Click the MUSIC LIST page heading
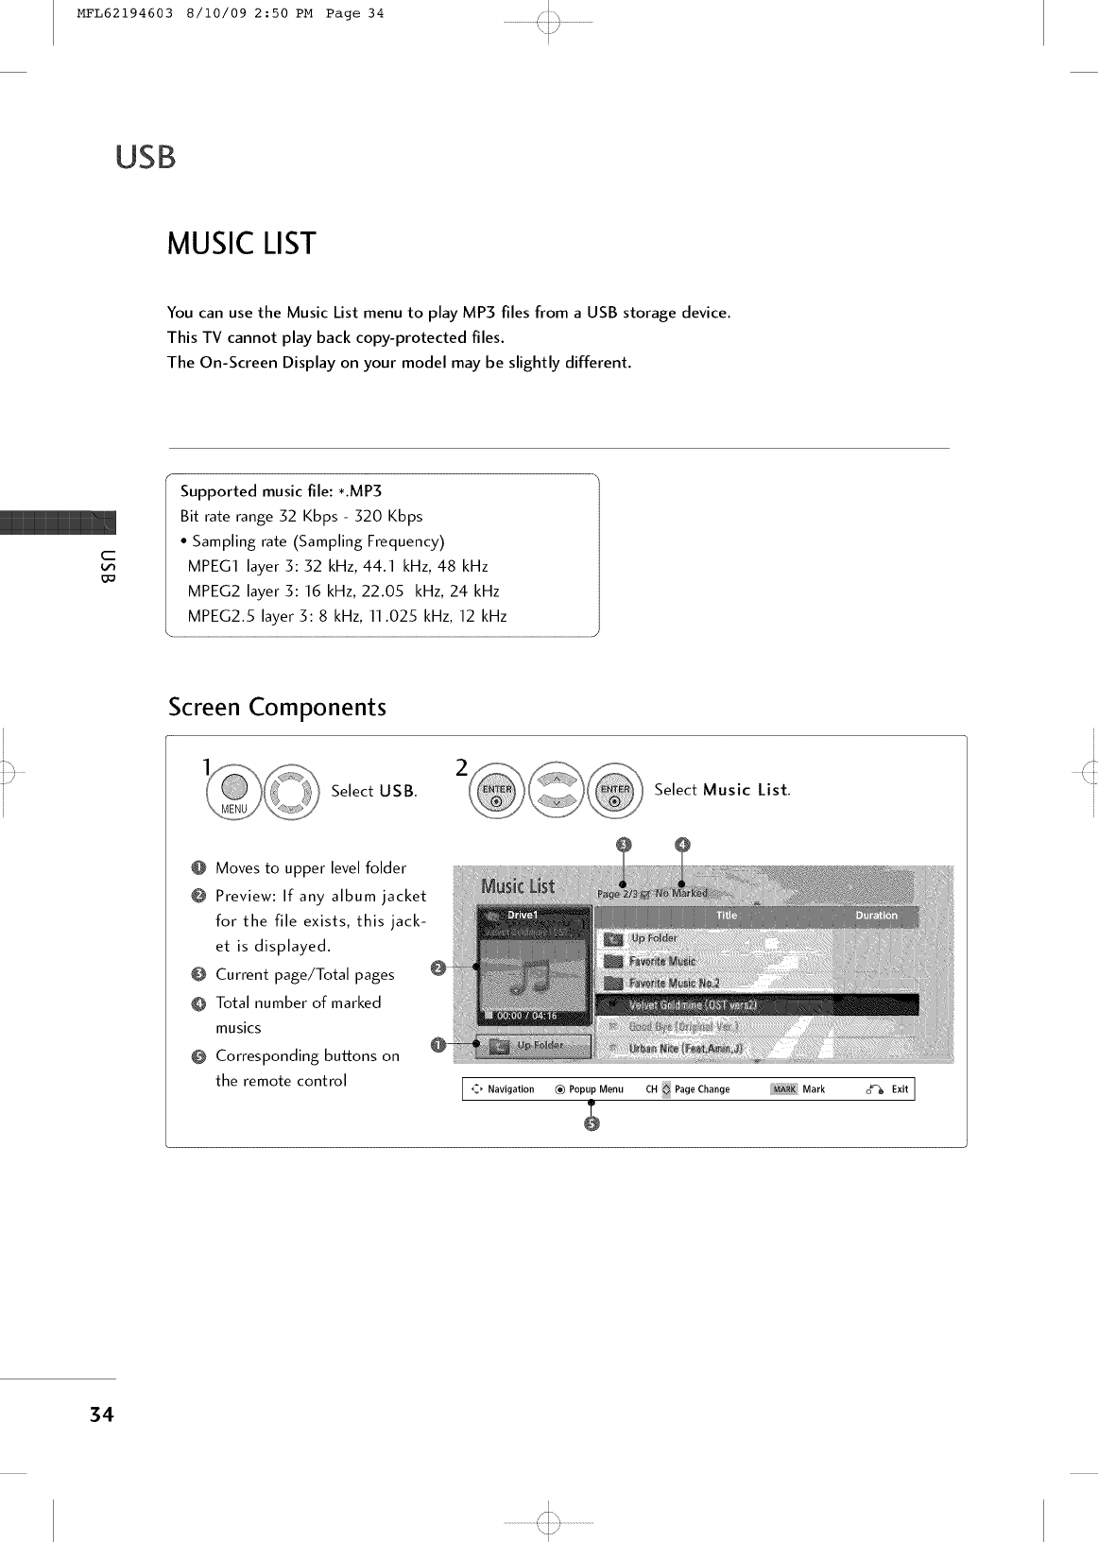[x=241, y=244]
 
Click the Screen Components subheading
[x=277, y=708]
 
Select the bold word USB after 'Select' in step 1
[x=397, y=792]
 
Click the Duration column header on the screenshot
[x=876, y=916]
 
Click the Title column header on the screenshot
[x=727, y=916]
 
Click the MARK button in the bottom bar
[x=785, y=1089]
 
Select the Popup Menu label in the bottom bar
[x=595, y=1089]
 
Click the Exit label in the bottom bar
[x=900, y=1089]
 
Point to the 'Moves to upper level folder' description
[x=310, y=868]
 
